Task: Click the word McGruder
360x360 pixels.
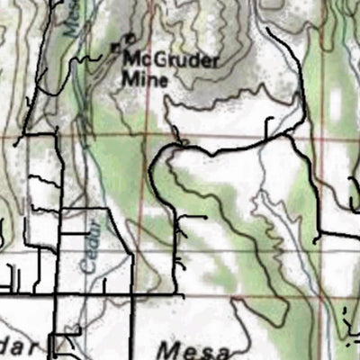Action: (172, 60)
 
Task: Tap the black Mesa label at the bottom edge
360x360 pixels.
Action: (193, 349)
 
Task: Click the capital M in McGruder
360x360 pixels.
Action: (131, 60)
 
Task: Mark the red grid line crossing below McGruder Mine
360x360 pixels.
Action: (180, 140)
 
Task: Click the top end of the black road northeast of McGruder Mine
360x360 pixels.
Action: (267, 30)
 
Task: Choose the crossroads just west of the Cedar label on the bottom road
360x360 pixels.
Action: (59, 293)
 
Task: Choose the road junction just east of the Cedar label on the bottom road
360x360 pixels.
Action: (133, 293)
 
